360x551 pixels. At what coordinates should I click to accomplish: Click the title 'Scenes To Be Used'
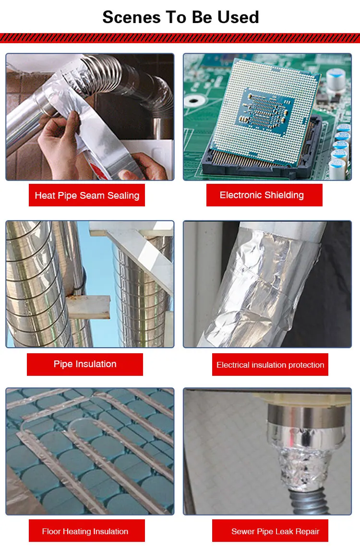tap(180, 17)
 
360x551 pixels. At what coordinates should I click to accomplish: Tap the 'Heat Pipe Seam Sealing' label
tap(87, 195)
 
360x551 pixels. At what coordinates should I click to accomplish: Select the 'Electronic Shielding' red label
tap(262, 195)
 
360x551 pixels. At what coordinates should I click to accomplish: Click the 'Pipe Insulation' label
tap(85, 364)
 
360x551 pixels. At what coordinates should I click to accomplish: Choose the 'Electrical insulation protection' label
tap(270, 365)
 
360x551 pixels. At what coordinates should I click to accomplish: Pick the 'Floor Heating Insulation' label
tap(85, 531)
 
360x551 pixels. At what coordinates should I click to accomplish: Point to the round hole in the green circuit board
tap(194, 101)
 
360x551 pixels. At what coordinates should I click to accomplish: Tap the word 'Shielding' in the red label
tap(283, 195)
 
